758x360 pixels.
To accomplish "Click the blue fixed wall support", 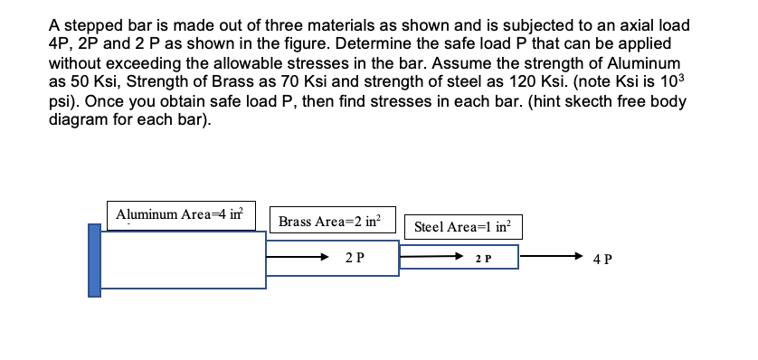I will [x=94, y=261].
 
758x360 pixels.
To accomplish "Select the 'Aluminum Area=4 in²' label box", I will [x=181, y=214].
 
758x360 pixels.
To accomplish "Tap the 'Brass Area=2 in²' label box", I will [x=330, y=220].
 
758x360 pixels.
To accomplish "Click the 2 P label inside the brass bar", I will [x=355, y=257].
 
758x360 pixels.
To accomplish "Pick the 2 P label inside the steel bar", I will [x=483, y=259].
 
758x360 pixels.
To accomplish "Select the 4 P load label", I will [x=603, y=259].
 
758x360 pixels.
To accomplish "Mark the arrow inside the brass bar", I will [x=298, y=257].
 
